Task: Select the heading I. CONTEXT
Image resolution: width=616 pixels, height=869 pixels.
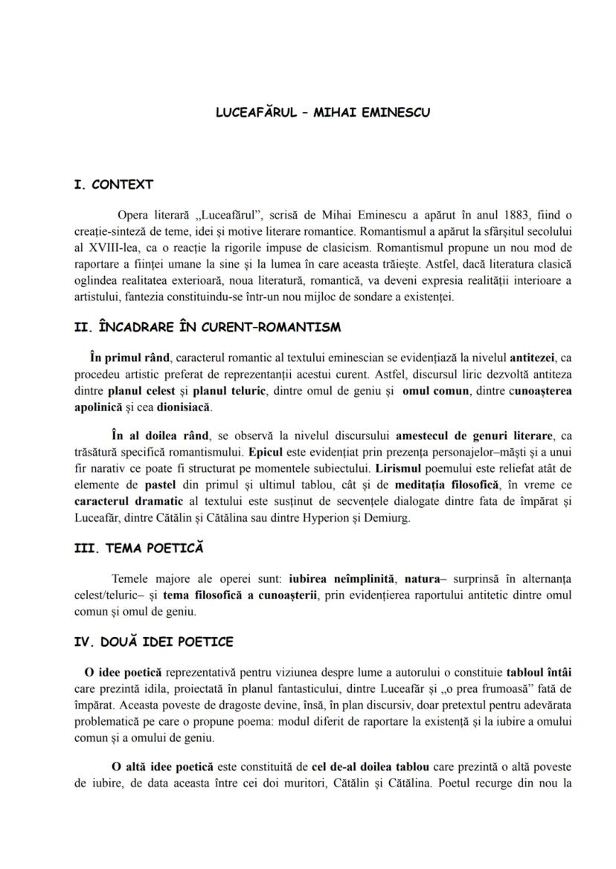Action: pyautogui.click(x=113, y=184)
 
